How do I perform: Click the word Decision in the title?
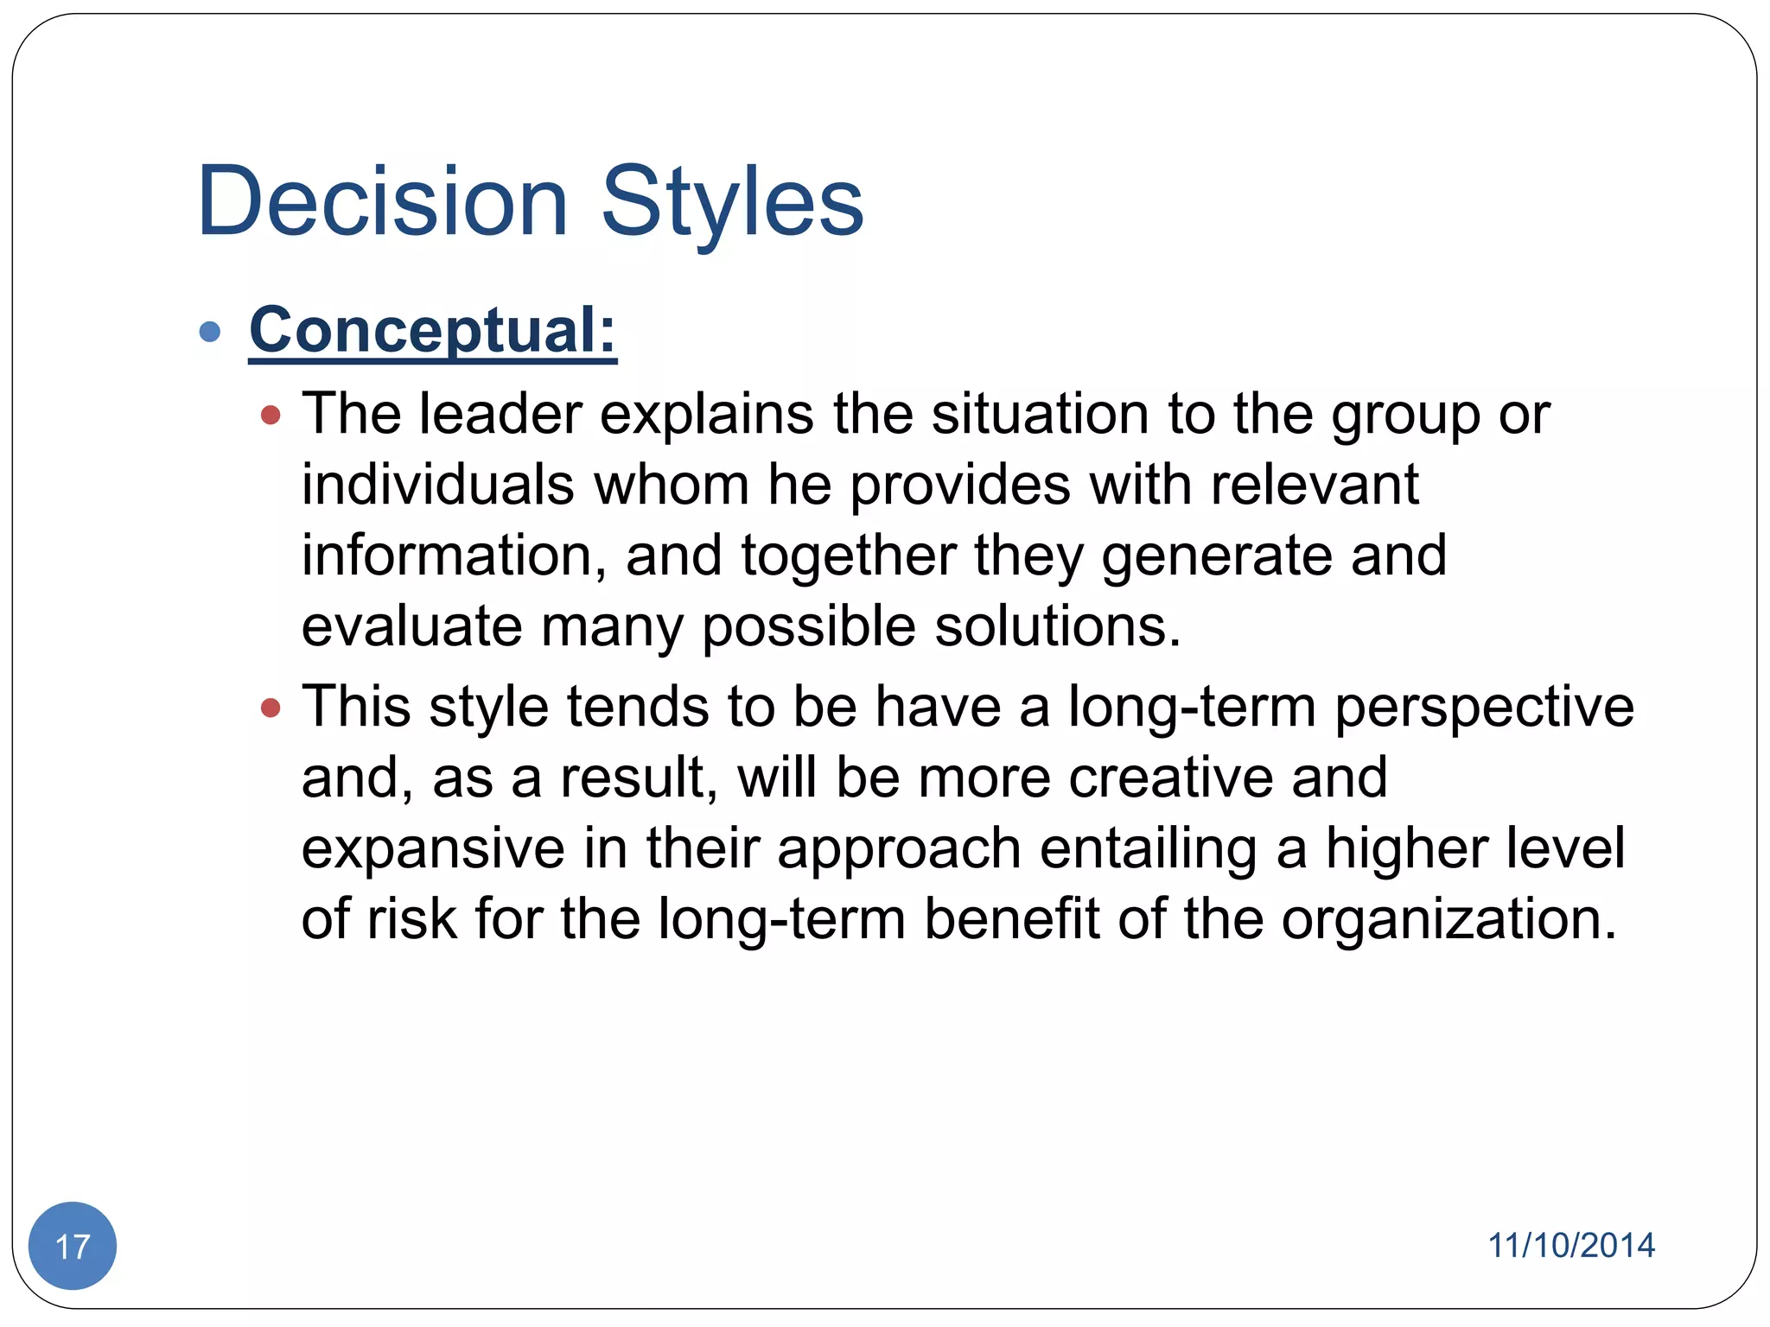pos(382,202)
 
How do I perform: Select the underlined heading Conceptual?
pos(432,330)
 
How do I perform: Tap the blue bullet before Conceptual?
pos(210,332)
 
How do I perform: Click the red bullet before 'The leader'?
pos(271,416)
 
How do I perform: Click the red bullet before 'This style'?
pos(271,708)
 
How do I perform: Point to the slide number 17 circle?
pos(73,1245)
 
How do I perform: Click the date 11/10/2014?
pos(1570,1245)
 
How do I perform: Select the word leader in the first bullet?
pos(500,414)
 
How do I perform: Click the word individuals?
pos(437,485)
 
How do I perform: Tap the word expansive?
pos(432,848)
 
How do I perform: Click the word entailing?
pos(1149,848)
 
